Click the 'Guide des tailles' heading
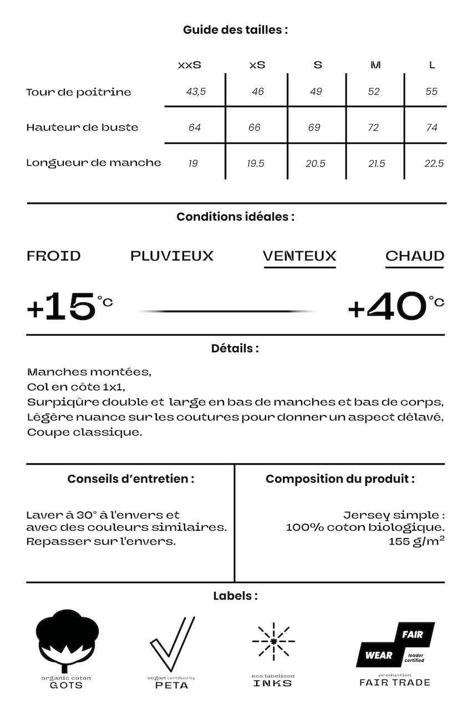click(236, 30)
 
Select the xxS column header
click(190, 65)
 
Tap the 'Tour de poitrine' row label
click(79, 92)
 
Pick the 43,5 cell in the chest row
click(196, 92)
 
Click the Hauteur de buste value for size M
click(373, 128)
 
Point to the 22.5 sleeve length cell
click(434, 164)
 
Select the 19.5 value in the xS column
click(256, 164)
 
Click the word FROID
click(54, 256)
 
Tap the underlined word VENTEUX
click(299, 256)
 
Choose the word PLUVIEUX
click(172, 256)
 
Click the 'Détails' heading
click(235, 349)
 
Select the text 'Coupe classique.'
click(84, 432)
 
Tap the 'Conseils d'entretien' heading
click(131, 479)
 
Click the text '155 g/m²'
click(416, 541)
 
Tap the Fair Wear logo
click(395, 645)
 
